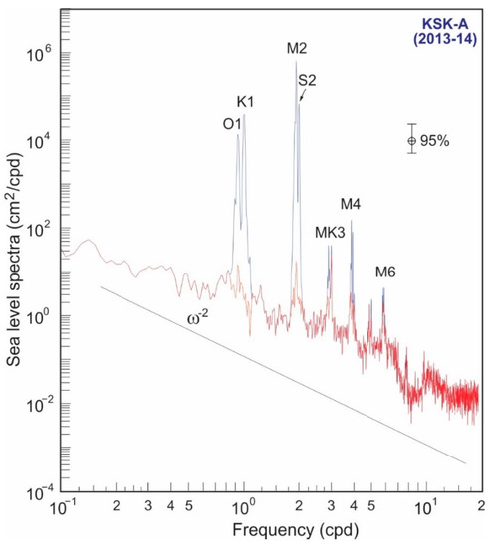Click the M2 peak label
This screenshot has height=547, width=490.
(x=298, y=48)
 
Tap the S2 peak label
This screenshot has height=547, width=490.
(x=309, y=79)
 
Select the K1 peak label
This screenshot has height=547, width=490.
(x=247, y=102)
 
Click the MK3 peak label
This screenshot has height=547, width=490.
(x=331, y=233)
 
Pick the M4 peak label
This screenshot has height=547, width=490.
(x=350, y=205)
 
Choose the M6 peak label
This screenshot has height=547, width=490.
(x=385, y=272)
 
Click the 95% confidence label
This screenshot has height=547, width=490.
(x=435, y=141)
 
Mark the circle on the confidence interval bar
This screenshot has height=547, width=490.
(x=410, y=141)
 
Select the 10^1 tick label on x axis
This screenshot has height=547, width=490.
(x=425, y=510)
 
